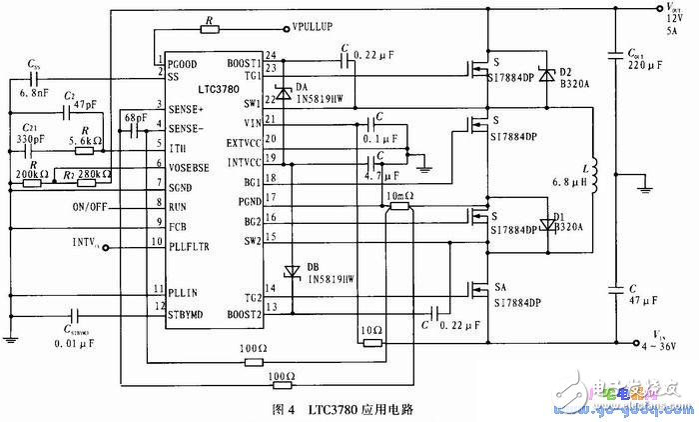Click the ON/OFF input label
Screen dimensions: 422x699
(x=92, y=207)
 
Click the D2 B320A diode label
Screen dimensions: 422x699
(x=576, y=79)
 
